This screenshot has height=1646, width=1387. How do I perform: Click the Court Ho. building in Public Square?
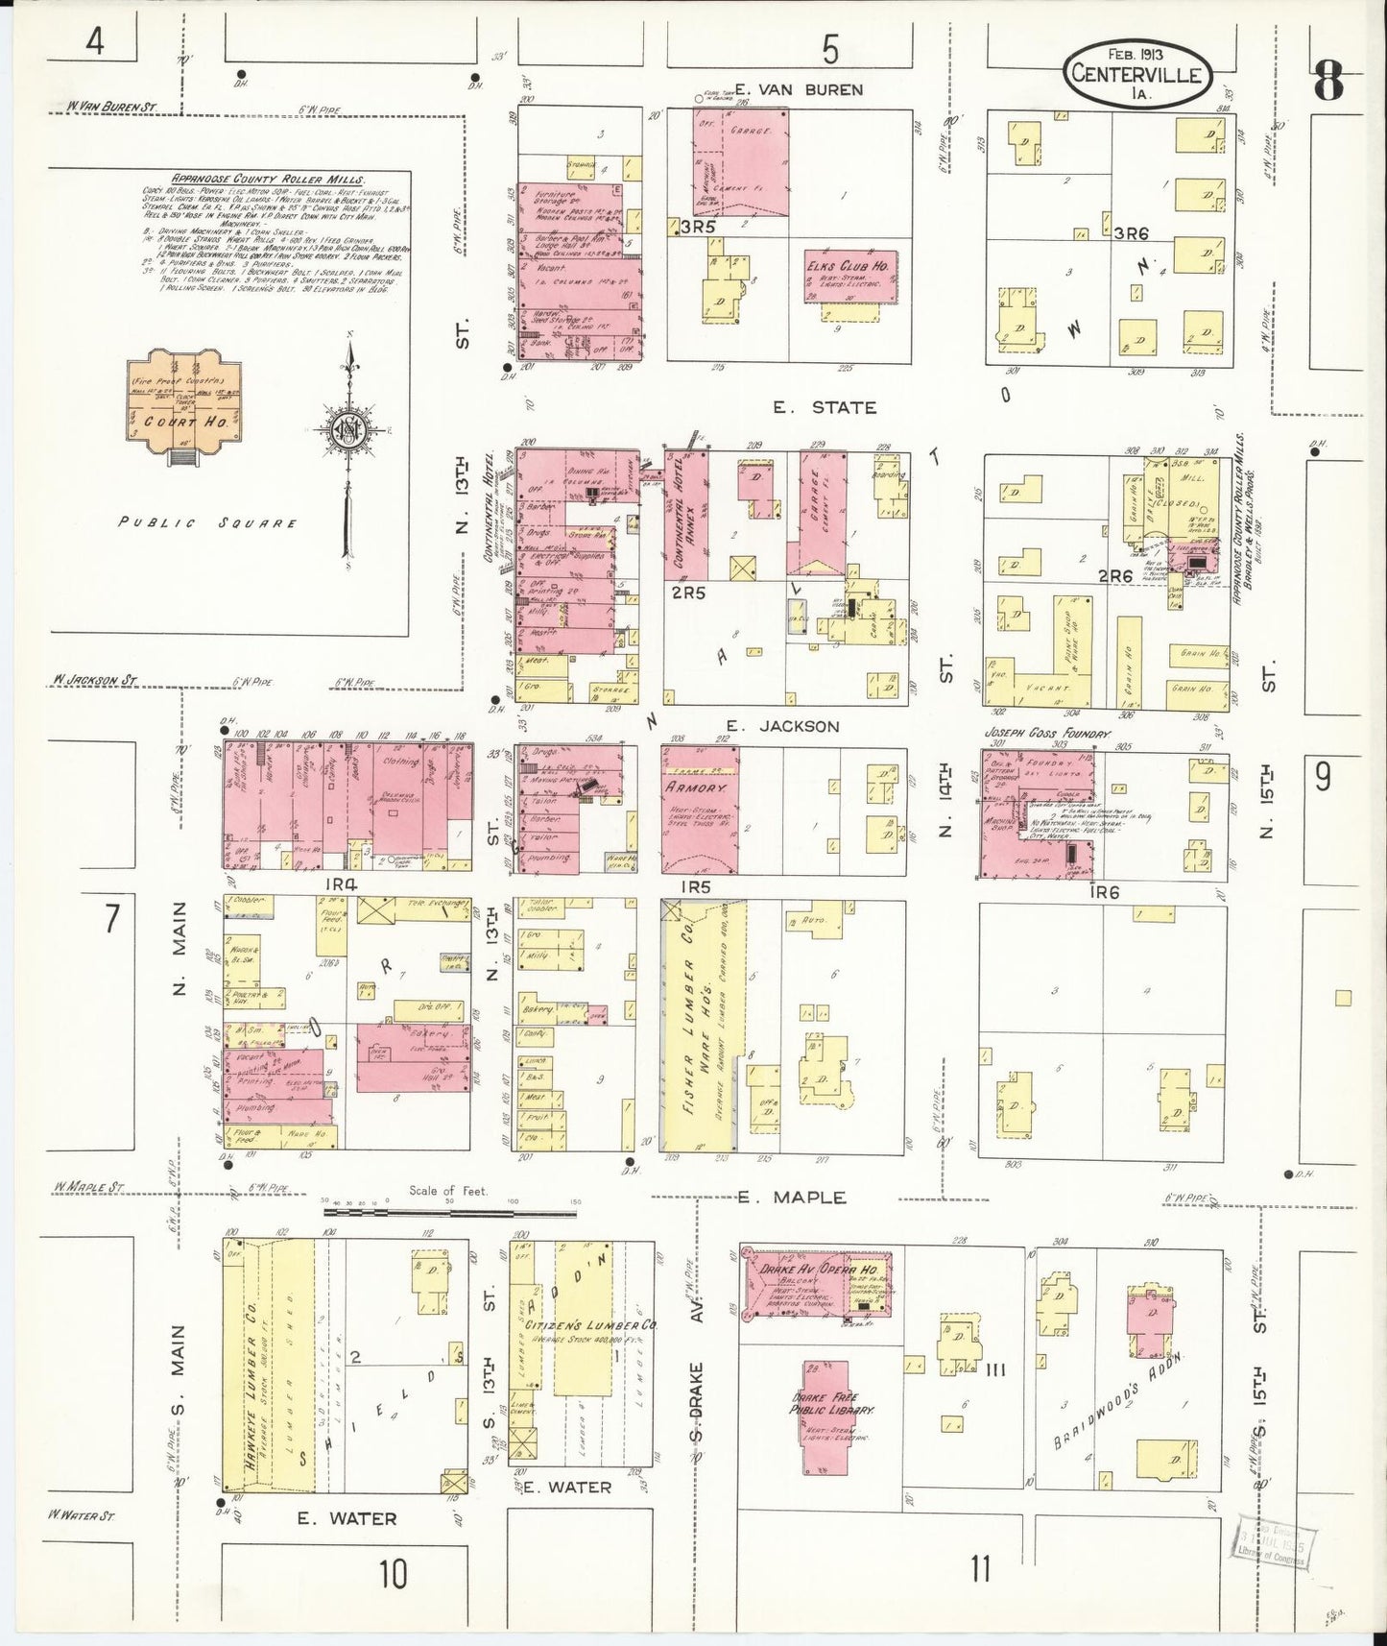click(182, 407)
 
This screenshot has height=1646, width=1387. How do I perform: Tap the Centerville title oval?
click(1137, 73)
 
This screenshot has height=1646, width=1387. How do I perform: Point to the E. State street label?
click(825, 407)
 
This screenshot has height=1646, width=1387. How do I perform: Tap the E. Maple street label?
click(793, 1197)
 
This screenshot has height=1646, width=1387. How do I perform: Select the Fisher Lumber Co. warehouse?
click(699, 1025)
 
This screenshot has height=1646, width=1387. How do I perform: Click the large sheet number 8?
click(1327, 80)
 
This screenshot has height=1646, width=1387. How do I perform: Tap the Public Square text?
click(207, 523)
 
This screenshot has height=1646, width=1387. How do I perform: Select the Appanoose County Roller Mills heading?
click(267, 179)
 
